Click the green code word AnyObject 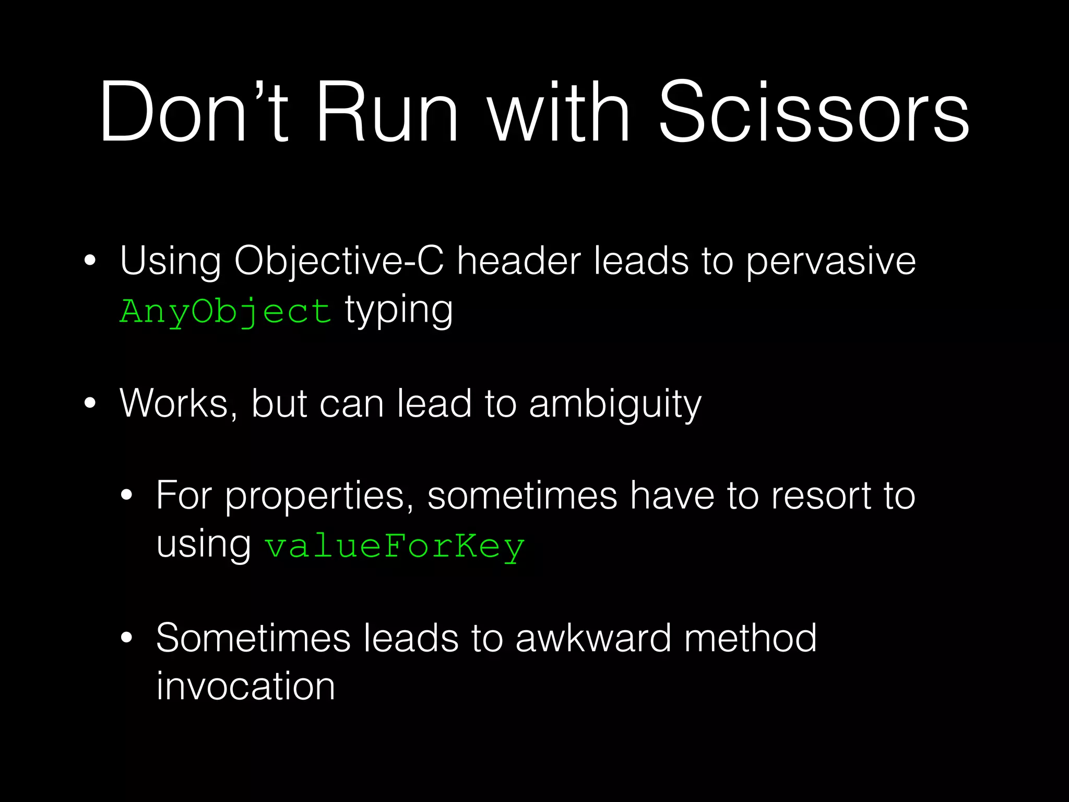pyautogui.click(x=225, y=312)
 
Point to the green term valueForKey pyautogui.click(x=395, y=547)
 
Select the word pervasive pyautogui.click(x=830, y=261)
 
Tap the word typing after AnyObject pyautogui.click(x=399, y=311)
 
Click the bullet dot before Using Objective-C pyautogui.click(x=90, y=261)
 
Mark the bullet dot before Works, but pyautogui.click(x=90, y=404)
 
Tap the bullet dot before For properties pyautogui.click(x=126, y=496)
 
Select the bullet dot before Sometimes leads pyautogui.click(x=126, y=638)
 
